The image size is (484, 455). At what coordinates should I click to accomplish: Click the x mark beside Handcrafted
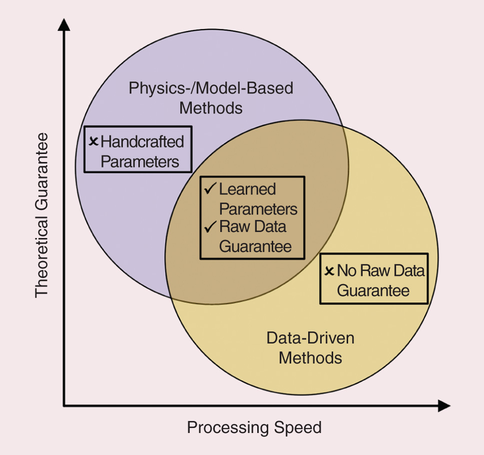tap(93, 141)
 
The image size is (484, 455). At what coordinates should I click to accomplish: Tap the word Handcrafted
tap(142, 142)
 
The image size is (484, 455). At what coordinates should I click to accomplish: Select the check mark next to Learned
tap(210, 189)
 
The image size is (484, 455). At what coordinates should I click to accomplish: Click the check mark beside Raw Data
tap(210, 226)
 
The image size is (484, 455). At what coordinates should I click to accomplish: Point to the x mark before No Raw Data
tap(329, 271)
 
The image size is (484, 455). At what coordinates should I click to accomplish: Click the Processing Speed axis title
tap(254, 428)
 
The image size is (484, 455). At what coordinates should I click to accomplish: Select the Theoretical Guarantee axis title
tap(42, 215)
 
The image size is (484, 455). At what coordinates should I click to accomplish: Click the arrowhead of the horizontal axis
tap(444, 405)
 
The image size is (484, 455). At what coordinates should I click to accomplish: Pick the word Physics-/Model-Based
tap(211, 88)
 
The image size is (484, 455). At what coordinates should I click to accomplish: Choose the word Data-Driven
tap(310, 338)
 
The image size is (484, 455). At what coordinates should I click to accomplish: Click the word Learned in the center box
tap(248, 189)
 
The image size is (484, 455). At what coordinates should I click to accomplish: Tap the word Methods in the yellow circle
tap(310, 358)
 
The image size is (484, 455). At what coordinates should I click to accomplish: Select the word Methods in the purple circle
tap(211, 108)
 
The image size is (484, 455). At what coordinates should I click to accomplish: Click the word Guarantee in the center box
tap(255, 246)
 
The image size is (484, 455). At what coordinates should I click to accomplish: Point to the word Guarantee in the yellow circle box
tap(373, 291)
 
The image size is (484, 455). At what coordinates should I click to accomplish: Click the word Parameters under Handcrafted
tap(136, 162)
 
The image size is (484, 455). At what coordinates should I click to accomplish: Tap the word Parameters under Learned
tap(258, 208)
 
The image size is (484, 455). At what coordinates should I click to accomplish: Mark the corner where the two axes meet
tap(64, 405)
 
